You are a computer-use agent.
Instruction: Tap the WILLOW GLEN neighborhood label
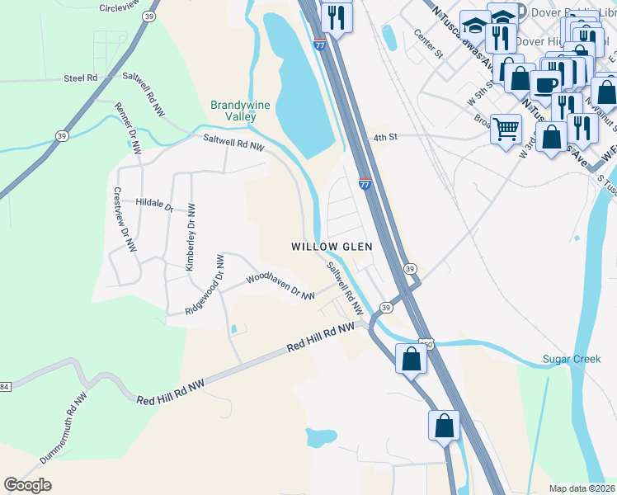point(332,247)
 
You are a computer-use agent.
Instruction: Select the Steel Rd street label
point(80,78)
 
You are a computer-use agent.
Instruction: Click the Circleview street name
point(120,7)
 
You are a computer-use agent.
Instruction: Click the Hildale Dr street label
point(153,203)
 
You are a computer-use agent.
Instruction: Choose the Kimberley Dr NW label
point(190,237)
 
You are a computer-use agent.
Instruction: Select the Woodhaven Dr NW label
point(280,285)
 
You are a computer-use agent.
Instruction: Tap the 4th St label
point(385,138)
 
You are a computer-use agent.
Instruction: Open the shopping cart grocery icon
point(506,129)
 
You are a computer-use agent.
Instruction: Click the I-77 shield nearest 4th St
point(364,184)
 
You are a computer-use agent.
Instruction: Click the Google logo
point(27,485)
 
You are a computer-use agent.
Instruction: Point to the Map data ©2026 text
point(581,488)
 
